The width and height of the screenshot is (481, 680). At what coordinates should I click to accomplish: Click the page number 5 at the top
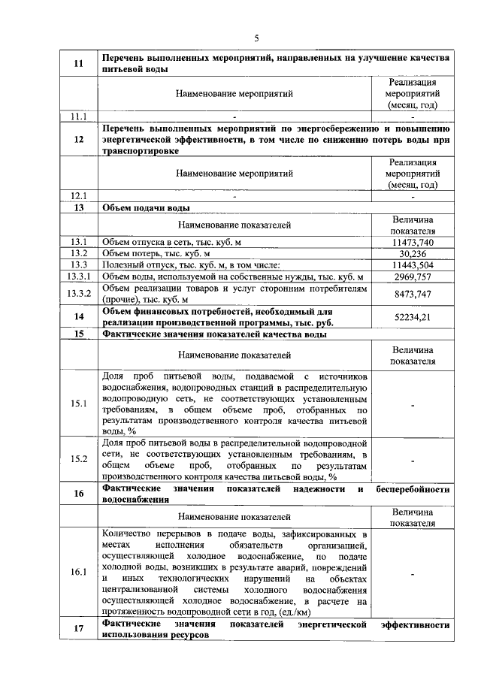coord(256,38)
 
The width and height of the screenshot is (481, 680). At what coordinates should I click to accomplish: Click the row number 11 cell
coord(79,63)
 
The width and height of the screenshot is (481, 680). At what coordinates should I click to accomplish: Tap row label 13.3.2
coord(79,293)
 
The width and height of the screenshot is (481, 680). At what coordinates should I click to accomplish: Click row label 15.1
coord(79,404)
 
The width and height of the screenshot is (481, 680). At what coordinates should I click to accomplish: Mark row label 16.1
coord(79,573)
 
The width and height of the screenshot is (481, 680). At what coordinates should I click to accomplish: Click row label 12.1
coord(79,196)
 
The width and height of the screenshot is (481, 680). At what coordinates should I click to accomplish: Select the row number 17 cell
coord(79,630)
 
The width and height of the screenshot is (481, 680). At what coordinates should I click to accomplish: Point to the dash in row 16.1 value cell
coord(413,573)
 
